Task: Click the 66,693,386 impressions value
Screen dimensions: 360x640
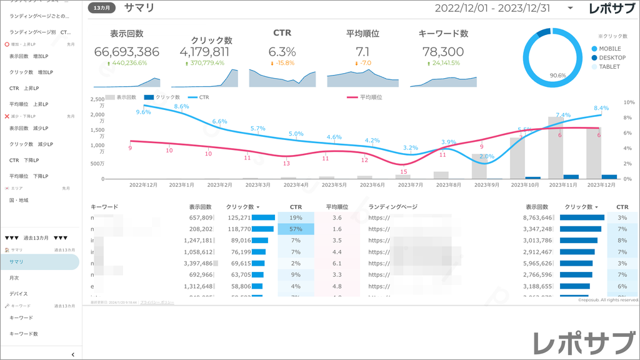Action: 127,52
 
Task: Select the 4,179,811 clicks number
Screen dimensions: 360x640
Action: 204,52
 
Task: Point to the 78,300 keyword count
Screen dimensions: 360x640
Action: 442,52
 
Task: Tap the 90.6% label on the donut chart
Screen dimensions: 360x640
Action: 557,75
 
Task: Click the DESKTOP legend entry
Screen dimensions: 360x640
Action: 612,57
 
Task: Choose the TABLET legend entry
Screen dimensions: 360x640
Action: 609,67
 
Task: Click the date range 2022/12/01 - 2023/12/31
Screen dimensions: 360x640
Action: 494,8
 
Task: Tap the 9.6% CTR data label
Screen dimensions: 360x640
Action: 143,112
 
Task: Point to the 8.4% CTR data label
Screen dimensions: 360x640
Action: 601,108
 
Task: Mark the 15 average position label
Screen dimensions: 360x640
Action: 404,171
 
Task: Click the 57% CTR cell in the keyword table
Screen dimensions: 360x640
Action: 296,229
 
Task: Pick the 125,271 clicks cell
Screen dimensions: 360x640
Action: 239,217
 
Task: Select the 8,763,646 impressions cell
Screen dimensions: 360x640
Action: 538,217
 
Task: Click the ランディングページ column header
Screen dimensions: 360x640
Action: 392,207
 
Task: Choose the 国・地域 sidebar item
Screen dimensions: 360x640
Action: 19,200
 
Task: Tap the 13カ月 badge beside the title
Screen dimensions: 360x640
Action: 101,8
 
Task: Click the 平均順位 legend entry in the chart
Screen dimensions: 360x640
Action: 371,97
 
